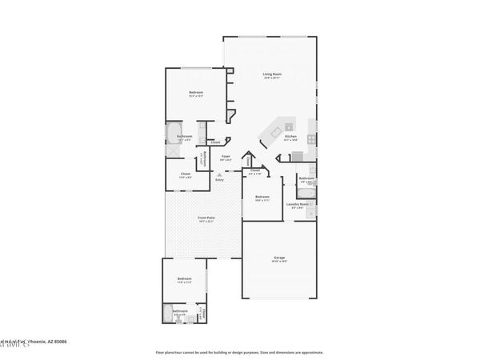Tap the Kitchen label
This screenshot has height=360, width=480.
pyautogui.click(x=290, y=137)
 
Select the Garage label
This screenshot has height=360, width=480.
pyautogui.click(x=279, y=257)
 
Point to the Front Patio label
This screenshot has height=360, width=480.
pyautogui.click(x=206, y=217)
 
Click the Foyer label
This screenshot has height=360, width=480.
pyautogui.click(x=226, y=156)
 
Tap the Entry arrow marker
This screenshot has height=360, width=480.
pyautogui.click(x=219, y=175)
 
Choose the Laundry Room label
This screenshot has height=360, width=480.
pyautogui.click(x=298, y=204)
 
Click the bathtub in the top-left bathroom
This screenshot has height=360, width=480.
pyautogui.click(x=174, y=133)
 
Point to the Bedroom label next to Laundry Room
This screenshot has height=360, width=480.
pyautogui.click(x=261, y=197)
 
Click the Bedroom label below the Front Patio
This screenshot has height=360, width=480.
pyautogui.click(x=183, y=279)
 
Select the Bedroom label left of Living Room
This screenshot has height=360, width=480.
pyautogui.click(x=196, y=94)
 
